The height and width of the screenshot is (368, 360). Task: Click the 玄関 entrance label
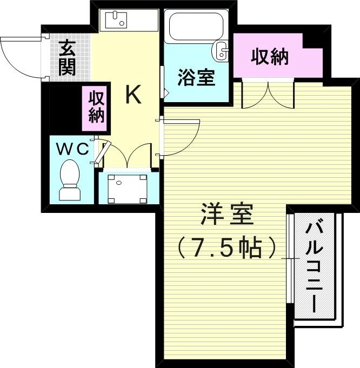pos(68,58)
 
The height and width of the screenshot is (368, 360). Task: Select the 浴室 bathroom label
pos(197,78)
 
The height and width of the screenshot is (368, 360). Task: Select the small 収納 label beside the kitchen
pos(96,108)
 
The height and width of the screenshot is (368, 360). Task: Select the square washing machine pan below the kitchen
pos(127,188)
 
